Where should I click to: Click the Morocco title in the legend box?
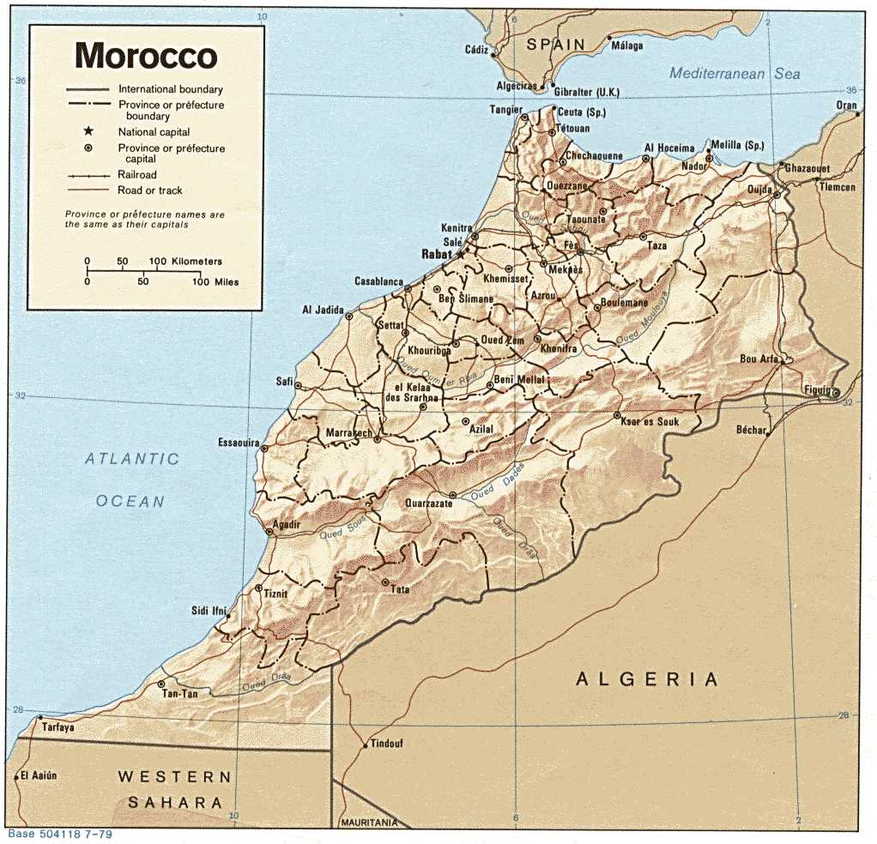145,56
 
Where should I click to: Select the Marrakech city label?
348,434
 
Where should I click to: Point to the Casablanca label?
378,281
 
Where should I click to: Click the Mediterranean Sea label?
735,74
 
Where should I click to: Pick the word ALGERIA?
647,680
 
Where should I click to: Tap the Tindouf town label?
386,744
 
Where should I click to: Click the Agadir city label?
286,524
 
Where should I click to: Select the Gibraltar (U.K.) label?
586,93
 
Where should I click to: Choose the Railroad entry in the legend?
137,175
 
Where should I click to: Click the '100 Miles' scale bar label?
215,281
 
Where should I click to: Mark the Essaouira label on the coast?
239,443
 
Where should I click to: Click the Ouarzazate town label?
428,504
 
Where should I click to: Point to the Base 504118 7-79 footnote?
59,834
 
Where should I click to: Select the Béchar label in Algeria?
750,430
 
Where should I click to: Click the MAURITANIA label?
369,822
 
